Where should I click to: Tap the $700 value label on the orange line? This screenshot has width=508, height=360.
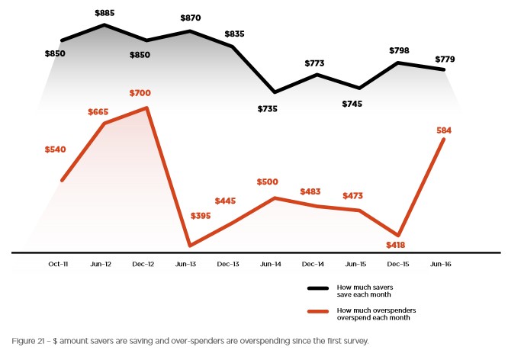coord(140,93)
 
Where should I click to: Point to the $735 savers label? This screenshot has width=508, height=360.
coord(267,109)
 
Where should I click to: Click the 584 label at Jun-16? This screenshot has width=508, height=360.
coord(444,130)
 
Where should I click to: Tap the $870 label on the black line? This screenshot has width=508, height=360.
coord(191,18)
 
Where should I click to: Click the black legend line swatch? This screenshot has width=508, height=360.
coord(317,289)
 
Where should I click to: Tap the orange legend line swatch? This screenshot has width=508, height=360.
coord(317,311)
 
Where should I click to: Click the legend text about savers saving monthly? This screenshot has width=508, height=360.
coord(365,290)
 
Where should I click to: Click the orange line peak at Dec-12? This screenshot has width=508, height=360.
coord(146,108)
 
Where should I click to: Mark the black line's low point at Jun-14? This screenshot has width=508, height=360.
coord(275,92)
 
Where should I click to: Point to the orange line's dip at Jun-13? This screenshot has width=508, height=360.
coord(189,246)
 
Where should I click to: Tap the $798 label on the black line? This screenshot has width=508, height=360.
coord(399,50)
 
